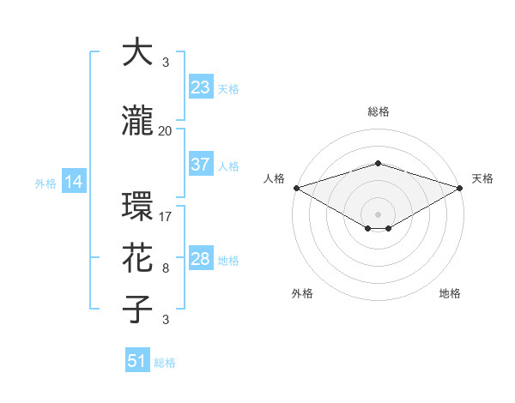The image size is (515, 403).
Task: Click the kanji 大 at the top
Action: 138,52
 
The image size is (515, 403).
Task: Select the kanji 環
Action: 138,207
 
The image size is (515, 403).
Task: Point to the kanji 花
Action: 138,258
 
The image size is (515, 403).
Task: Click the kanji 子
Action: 138,310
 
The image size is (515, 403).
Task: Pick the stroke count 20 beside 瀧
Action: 166,130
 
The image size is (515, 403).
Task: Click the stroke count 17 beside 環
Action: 166,216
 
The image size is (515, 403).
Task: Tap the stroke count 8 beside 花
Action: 166,268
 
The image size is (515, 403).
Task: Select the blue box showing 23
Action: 200,87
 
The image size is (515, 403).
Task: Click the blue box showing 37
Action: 200,165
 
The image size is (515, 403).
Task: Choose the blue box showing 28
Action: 200,259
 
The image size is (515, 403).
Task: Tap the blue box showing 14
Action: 74,182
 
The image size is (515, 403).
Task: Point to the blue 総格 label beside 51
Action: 165,363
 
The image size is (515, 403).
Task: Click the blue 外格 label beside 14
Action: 45,183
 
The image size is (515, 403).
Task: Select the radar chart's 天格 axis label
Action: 482,178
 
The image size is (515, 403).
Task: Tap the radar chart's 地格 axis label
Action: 450,293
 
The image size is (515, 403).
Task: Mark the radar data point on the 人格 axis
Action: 296,188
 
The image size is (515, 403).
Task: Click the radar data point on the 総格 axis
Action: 378,163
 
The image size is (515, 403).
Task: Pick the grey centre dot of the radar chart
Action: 378,214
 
